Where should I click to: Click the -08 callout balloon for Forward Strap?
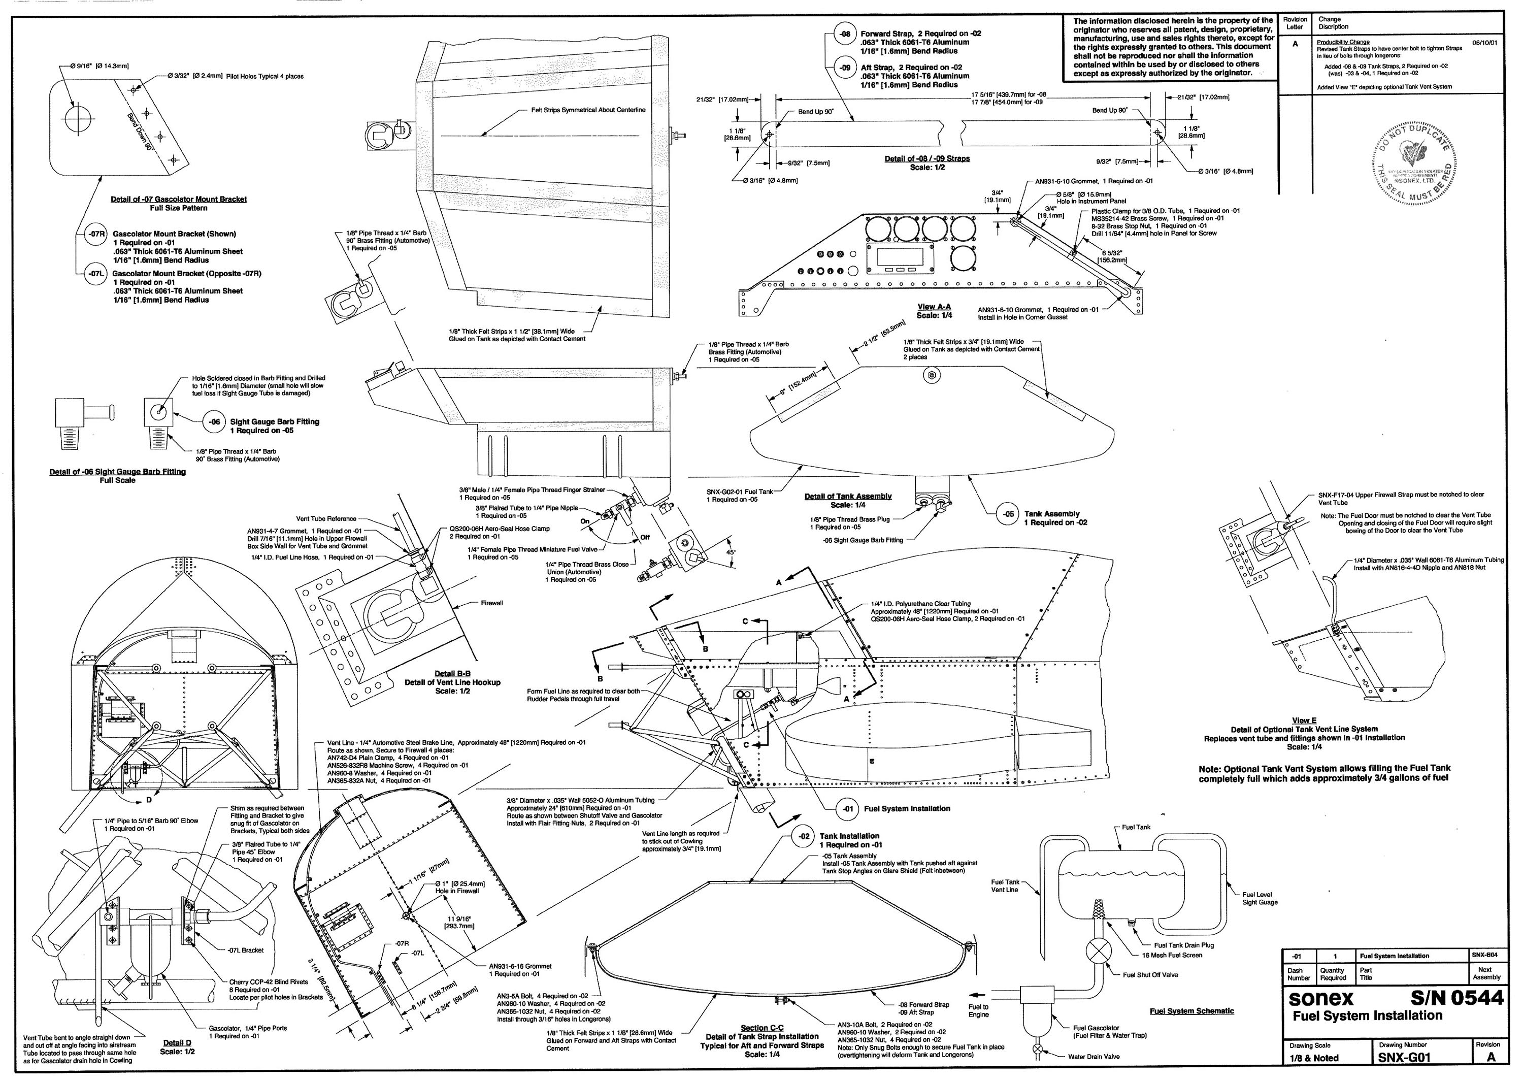(845, 34)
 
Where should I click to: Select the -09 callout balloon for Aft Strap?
(845, 68)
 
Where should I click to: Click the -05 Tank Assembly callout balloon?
(1009, 514)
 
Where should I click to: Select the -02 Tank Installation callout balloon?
(804, 836)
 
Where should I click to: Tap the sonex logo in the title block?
(1321, 999)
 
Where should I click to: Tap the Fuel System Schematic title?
(1191, 1011)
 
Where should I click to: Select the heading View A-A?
(934, 307)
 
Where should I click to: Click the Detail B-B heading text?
(452, 674)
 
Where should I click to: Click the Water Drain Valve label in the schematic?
(1094, 1057)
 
